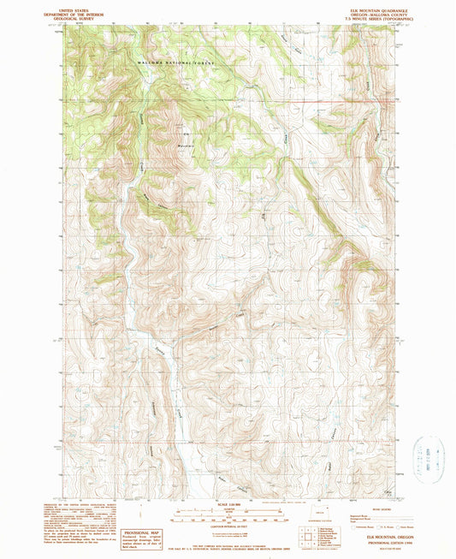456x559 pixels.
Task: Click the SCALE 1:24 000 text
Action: (228, 502)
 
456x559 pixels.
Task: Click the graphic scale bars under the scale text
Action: (228, 512)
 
